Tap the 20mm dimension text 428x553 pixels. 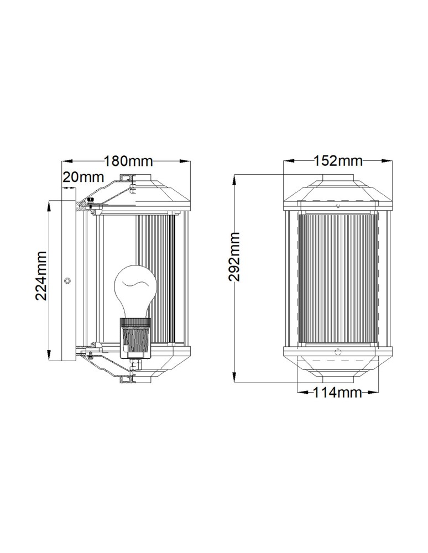83,177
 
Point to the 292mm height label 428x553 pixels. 236,257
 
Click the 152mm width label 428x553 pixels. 338,161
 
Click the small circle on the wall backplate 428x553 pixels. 67,281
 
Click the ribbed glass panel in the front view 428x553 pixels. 338,279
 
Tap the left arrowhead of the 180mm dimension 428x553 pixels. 65,161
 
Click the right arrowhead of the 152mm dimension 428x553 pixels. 389,161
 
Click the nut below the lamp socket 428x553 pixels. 133,365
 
